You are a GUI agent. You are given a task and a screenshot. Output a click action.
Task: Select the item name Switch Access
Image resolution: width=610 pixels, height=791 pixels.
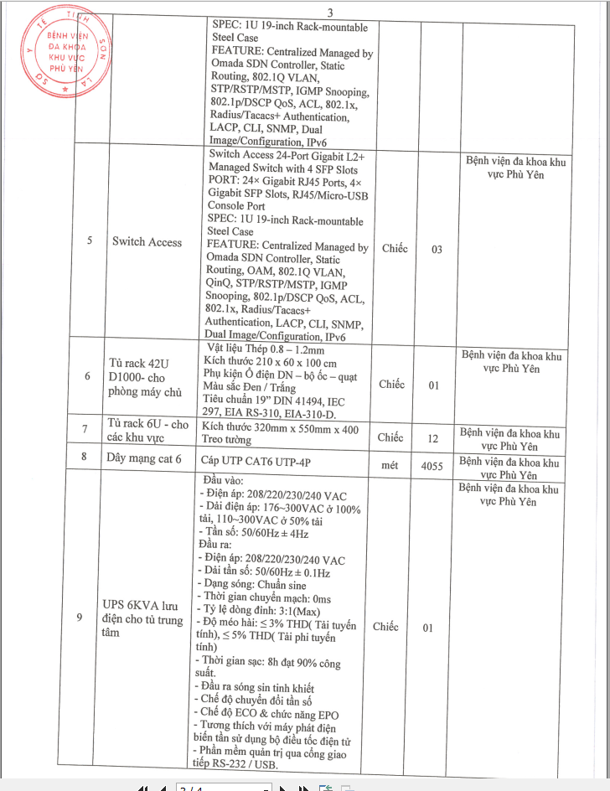[x=147, y=242]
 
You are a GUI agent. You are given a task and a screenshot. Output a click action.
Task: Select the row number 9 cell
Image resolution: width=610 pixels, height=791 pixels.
[x=79, y=618]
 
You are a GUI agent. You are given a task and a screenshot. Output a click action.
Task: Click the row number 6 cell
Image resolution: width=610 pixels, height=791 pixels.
[x=87, y=376]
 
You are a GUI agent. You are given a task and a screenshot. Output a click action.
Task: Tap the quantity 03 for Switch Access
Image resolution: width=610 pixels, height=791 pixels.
[x=437, y=250]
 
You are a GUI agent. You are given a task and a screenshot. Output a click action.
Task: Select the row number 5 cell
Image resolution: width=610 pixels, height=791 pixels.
[x=90, y=241]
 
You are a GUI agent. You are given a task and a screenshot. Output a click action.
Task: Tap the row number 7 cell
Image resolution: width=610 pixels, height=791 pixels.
[x=85, y=430]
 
